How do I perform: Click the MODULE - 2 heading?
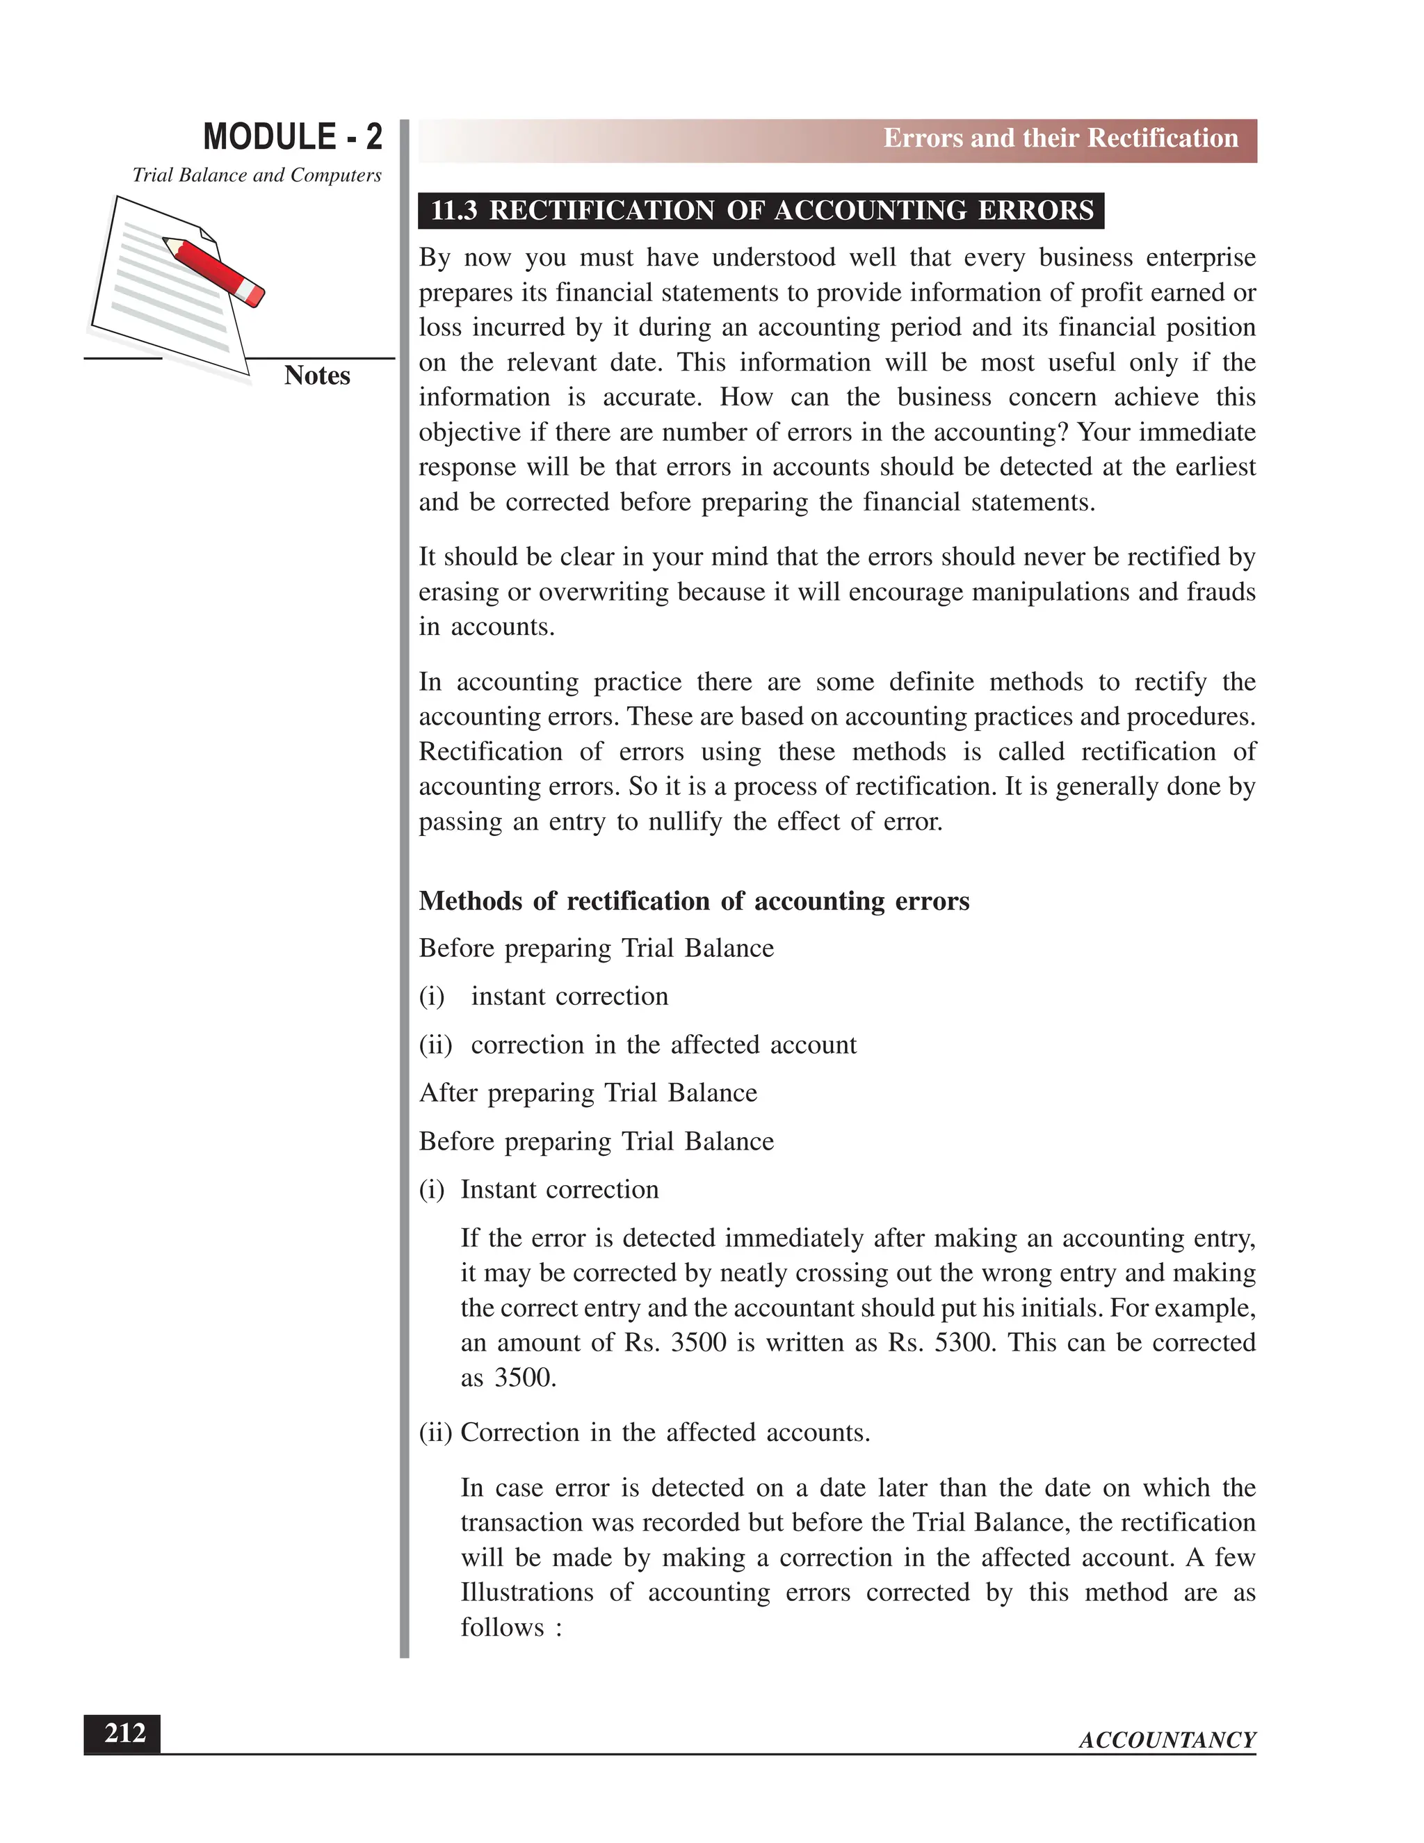click(292, 138)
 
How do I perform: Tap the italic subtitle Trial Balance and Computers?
click(257, 175)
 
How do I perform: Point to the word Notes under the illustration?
click(316, 376)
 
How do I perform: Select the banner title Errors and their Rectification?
click(1060, 138)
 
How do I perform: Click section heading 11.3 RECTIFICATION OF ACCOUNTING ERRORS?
click(761, 210)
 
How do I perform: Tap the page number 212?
click(124, 1733)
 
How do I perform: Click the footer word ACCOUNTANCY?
click(1167, 1740)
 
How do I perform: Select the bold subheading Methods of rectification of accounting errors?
click(693, 901)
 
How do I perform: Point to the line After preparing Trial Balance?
click(588, 1093)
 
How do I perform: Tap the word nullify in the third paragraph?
click(684, 822)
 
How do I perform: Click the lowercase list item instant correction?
click(569, 997)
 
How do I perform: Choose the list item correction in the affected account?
click(663, 1045)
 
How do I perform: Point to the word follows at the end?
click(502, 1628)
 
